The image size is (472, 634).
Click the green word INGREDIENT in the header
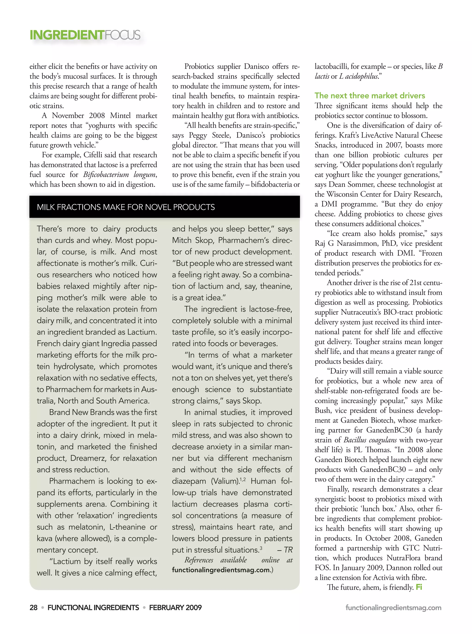[x=67, y=35]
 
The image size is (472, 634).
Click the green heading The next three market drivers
[x=370, y=95]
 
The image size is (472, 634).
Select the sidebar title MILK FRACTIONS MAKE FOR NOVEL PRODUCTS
[x=126, y=207]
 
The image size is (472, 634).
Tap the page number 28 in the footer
[x=33, y=608]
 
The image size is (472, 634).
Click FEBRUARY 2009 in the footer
[x=175, y=608]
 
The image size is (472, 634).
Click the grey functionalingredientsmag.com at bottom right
[x=393, y=608]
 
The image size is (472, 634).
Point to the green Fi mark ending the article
[x=419, y=587]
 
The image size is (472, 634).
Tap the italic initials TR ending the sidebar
[x=288, y=550]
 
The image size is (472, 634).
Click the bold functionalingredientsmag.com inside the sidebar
[x=221, y=570]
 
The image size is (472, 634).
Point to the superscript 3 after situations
[x=261, y=548]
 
